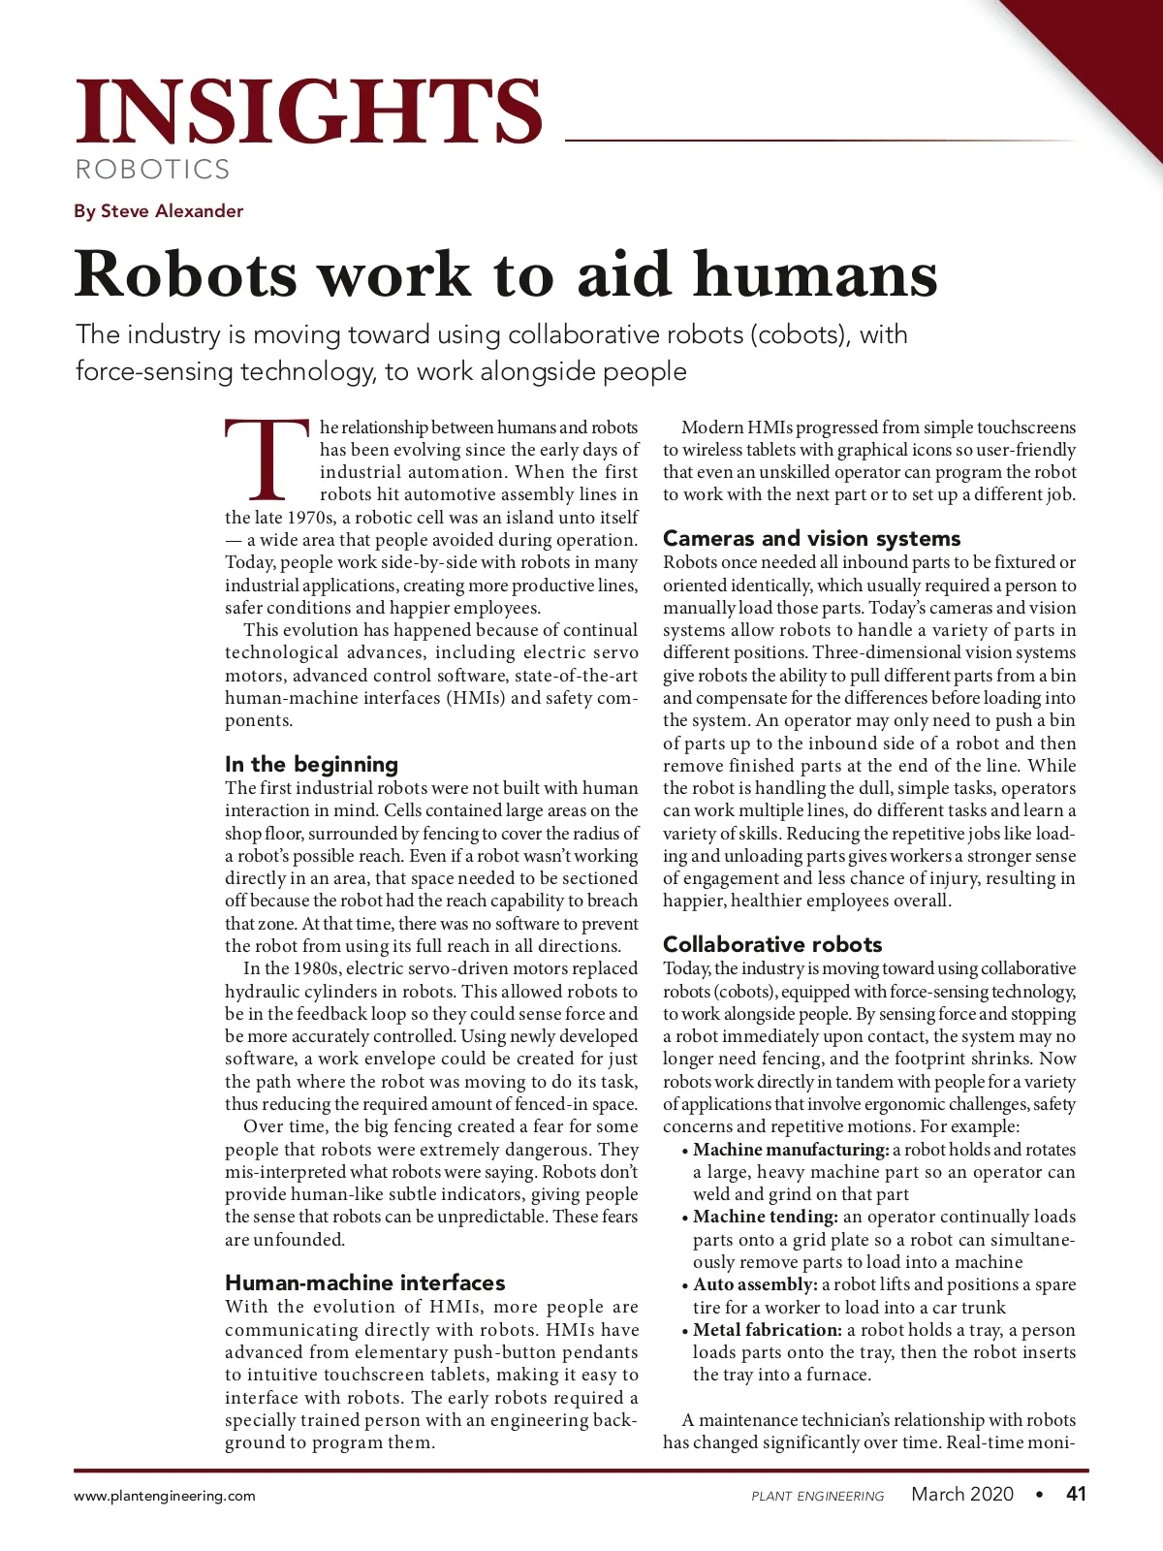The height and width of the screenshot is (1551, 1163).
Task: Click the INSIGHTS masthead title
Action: [x=308, y=111]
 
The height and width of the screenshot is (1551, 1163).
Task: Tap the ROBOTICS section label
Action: [x=153, y=170]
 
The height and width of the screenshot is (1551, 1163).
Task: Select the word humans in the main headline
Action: [x=815, y=274]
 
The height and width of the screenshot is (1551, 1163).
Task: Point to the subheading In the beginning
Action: [x=311, y=764]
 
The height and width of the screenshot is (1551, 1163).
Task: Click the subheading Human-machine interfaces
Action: [x=364, y=1282]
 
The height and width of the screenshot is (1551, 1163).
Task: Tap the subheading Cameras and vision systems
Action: [x=811, y=538]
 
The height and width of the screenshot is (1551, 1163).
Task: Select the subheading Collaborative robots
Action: [x=772, y=944]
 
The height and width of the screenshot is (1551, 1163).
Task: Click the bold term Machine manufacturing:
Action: [x=790, y=1150]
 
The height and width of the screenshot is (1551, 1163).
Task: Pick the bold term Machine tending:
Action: [x=765, y=1217]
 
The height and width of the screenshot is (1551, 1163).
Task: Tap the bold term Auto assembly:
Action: [x=755, y=1284]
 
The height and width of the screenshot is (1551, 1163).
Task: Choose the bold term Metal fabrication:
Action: [x=767, y=1330]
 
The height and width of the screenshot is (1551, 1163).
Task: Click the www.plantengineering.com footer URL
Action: [x=165, y=1496]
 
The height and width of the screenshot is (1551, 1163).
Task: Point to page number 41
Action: [x=1076, y=1494]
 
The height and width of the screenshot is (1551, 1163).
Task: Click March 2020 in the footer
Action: [x=961, y=1494]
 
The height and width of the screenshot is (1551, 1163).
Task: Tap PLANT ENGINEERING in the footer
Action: [x=817, y=1496]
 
